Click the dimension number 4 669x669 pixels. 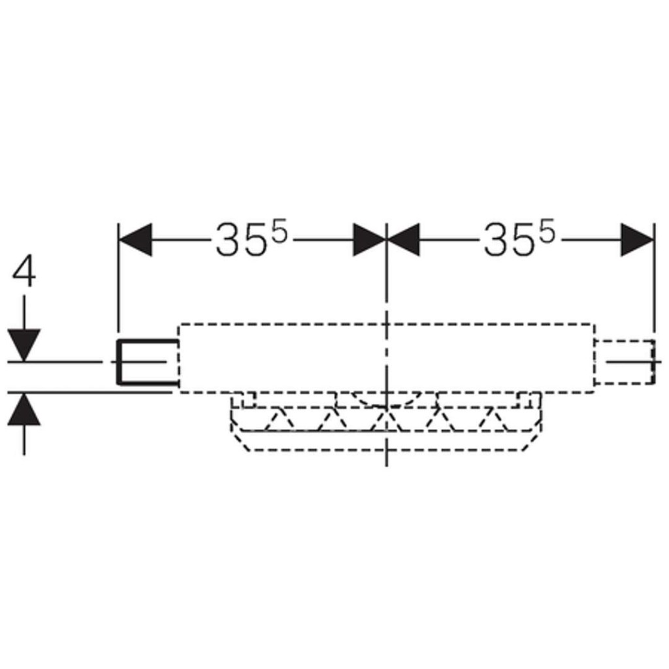click(x=24, y=271)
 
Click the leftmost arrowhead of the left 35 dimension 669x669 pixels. click(x=135, y=240)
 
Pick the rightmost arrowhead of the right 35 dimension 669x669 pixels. click(x=637, y=240)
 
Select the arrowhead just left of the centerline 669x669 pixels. click(x=370, y=240)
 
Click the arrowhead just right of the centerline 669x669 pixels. click(x=403, y=240)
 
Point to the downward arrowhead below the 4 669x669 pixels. click(x=24, y=345)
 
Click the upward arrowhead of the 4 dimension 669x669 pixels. click(x=24, y=410)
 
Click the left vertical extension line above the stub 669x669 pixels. click(x=118, y=276)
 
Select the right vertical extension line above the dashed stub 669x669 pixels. click(x=654, y=276)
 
